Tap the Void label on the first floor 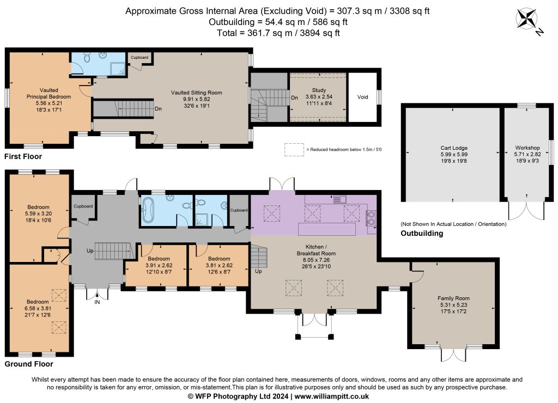pos(362,97)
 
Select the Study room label pos(319,90)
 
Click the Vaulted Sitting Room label pos(196,93)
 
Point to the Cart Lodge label pos(454,148)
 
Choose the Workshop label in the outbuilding pos(527,148)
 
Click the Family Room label pos(453,298)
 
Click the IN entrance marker pos(97,302)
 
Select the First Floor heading pos(23,156)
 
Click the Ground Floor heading pos(29,364)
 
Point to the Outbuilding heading pos(422,233)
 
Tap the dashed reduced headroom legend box pos(294,150)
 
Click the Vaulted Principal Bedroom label pos(48,94)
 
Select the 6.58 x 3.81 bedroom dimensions pos(38,308)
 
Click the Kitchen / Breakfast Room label pos(317,250)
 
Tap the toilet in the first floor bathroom pos(86,57)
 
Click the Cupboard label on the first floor pos(139,57)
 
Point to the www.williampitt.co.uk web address pos(332,396)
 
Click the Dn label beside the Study pos(295,98)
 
